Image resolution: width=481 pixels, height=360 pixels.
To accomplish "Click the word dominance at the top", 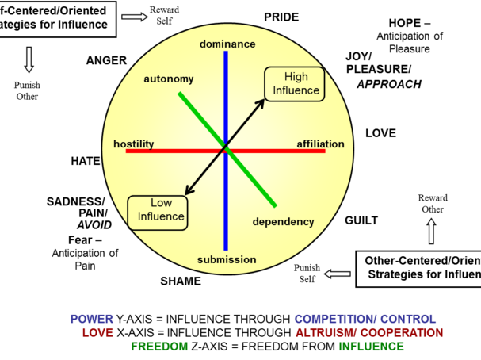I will click(x=227, y=44).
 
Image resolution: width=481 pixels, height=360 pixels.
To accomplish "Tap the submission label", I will click(x=227, y=259).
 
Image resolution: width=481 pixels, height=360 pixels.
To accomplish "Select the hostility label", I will click(x=133, y=144).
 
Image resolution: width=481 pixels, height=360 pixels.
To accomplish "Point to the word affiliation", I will click(x=320, y=144).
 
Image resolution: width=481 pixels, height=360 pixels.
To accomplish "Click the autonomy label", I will click(x=168, y=79).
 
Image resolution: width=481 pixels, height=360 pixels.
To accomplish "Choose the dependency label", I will click(x=283, y=222).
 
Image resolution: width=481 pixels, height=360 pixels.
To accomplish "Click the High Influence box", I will click(x=295, y=84).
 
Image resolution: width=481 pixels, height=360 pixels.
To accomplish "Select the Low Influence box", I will click(x=158, y=211).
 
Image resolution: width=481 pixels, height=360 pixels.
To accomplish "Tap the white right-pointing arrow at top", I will click(x=134, y=17).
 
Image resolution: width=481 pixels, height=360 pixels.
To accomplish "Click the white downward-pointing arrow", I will click(x=29, y=59).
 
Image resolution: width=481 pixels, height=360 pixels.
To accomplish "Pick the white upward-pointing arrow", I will click(x=431, y=231).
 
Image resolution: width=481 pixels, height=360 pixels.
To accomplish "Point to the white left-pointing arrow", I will click(x=338, y=274).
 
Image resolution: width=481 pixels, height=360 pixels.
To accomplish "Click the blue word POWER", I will click(x=92, y=319).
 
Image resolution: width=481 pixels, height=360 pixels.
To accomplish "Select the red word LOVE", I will click(x=97, y=333).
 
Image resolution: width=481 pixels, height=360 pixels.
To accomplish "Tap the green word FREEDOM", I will click(x=159, y=347).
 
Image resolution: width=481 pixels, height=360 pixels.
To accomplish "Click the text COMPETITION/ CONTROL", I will click(x=365, y=319).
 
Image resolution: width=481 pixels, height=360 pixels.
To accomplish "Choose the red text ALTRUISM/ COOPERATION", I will click(x=368, y=333).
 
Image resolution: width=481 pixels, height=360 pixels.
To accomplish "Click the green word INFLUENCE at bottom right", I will click(x=371, y=347).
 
